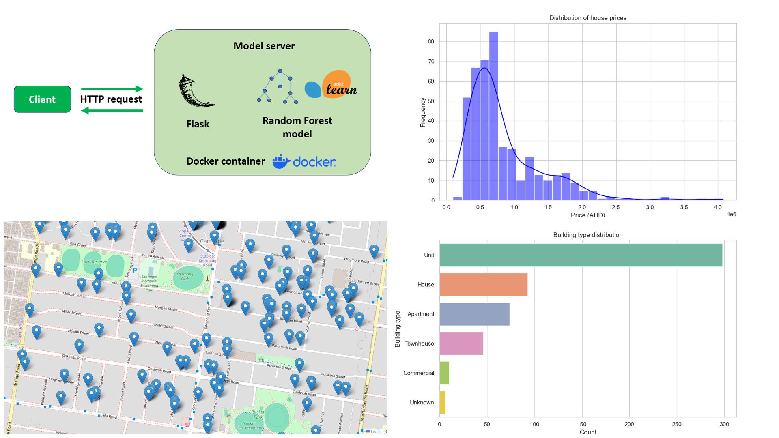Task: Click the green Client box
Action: pyautogui.click(x=42, y=99)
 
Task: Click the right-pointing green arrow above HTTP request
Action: pyautogui.click(x=112, y=89)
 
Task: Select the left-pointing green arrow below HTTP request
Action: pyautogui.click(x=112, y=110)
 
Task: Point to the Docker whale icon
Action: pyautogui.click(x=281, y=161)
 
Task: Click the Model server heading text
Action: pyautogui.click(x=264, y=46)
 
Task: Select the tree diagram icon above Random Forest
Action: pyautogui.click(x=279, y=87)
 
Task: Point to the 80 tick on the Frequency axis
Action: pyautogui.click(x=431, y=42)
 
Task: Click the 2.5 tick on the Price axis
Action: pyautogui.click(x=616, y=207)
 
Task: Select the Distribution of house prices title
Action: pyautogui.click(x=587, y=18)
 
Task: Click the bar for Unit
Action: pyautogui.click(x=581, y=255)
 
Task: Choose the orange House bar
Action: pyautogui.click(x=483, y=285)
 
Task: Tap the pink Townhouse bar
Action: pyautogui.click(x=461, y=344)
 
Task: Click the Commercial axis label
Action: pyautogui.click(x=418, y=373)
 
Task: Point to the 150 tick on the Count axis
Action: pyautogui.click(x=582, y=424)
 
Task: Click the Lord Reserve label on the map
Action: pyautogui.click(x=94, y=262)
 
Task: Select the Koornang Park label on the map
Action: pyautogui.click(x=185, y=276)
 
